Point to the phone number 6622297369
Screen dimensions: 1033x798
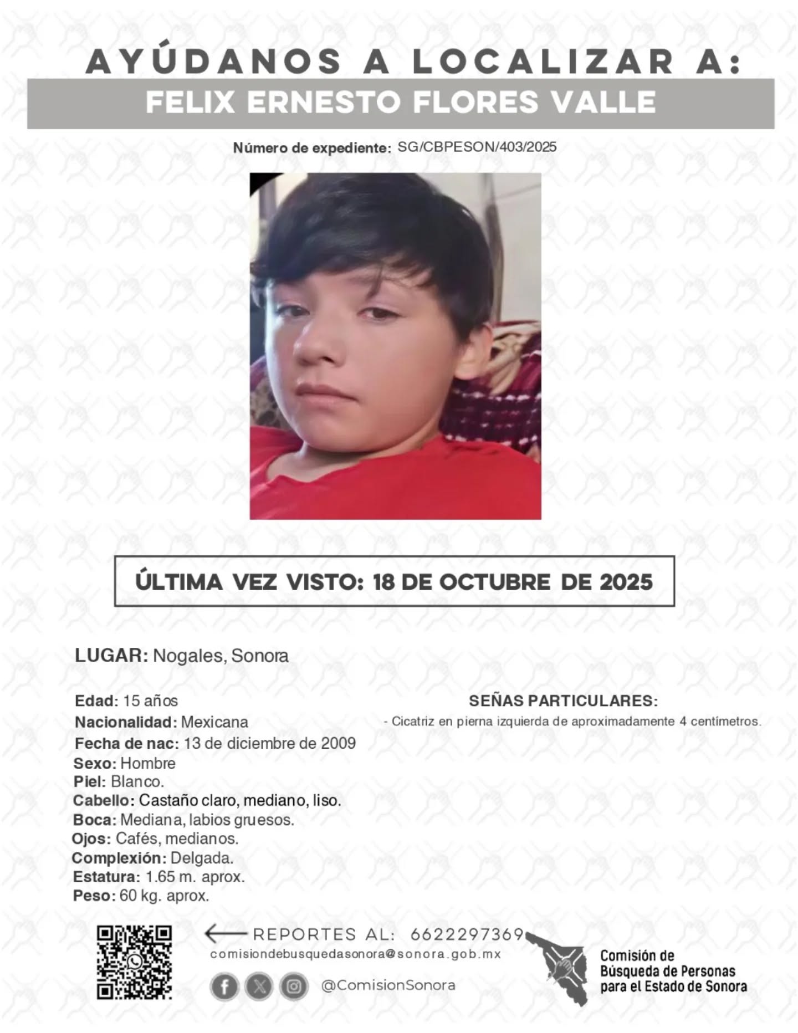coord(467,934)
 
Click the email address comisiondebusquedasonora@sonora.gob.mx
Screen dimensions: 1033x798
coord(355,954)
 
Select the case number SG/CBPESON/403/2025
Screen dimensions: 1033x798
coord(477,147)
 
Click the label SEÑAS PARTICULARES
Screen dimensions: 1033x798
coord(563,700)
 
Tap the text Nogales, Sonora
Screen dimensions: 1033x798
coord(221,656)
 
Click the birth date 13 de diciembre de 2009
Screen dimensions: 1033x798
coord(270,743)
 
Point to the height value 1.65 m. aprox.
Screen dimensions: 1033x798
coord(195,877)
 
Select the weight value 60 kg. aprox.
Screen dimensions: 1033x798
coord(165,896)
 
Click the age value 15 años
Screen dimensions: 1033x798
coord(150,701)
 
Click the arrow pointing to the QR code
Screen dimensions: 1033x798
coord(224,934)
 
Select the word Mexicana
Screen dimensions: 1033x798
coord(214,722)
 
